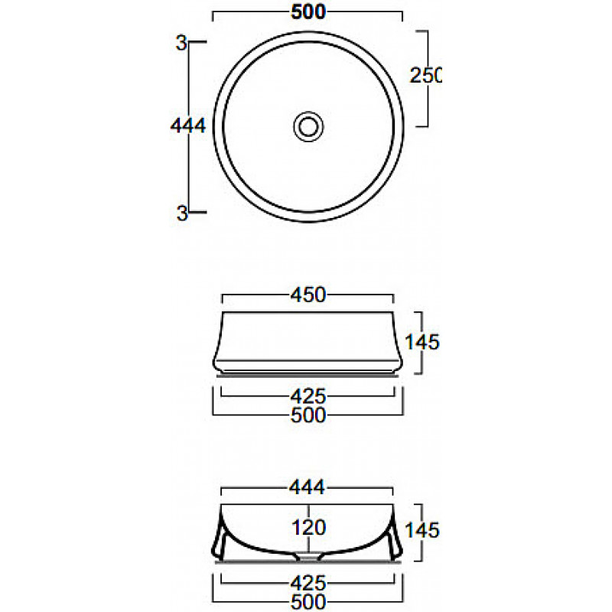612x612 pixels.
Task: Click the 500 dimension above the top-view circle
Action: pyautogui.click(x=308, y=12)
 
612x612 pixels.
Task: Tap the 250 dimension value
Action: pyautogui.click(x=425, y=75)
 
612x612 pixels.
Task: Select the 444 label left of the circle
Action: pyautogui.click(x=188, y=126)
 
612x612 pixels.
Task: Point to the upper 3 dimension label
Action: pyautogui.click(x=181, y=43)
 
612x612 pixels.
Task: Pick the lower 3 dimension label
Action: pyautogui.click(x=182, y=213)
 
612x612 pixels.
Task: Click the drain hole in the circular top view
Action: pyautogui.click(x=308, y=126)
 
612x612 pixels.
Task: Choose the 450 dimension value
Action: pyautogui.click(x=308, y=295)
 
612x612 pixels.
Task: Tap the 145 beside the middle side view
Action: pyautogui.click(x=422, y=342)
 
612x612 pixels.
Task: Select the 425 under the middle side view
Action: pyautogui.click(x=308, y=397)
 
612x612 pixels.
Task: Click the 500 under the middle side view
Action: pyautogui.click(x=308, y=415)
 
